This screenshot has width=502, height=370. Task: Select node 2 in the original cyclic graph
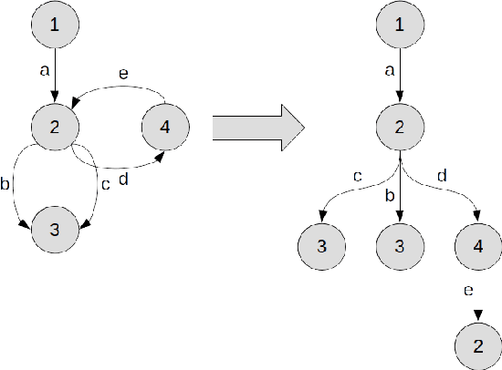[56, 127]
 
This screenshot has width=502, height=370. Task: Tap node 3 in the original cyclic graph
[56, 228]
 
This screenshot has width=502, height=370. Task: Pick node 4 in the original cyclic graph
[164, 127]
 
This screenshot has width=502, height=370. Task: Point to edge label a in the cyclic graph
[45, 68]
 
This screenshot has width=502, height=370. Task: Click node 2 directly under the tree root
[400, 127]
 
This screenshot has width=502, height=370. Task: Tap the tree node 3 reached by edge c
[322, 247]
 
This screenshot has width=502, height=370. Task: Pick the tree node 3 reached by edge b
[400, 247]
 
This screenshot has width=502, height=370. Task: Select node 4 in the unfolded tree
[477, 247]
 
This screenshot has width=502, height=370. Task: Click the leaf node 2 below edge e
[477, 346]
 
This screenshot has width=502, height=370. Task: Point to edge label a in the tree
[389, 68]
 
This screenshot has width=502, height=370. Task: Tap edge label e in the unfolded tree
[466, 291]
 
